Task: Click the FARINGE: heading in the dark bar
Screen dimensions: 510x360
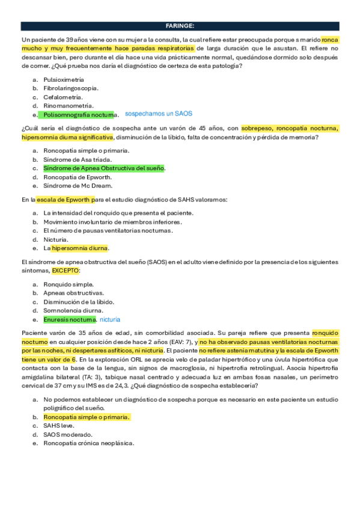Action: coord(180,26)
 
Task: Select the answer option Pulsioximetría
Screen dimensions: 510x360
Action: coord(63,79)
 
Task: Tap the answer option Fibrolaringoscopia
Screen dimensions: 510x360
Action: coord(71,88)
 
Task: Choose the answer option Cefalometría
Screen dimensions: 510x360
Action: coord(63,97)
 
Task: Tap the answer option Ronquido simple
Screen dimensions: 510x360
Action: coord(68,284)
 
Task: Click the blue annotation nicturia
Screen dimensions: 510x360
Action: coord(110,319)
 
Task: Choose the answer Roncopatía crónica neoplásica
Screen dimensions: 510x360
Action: coord(88,443)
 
